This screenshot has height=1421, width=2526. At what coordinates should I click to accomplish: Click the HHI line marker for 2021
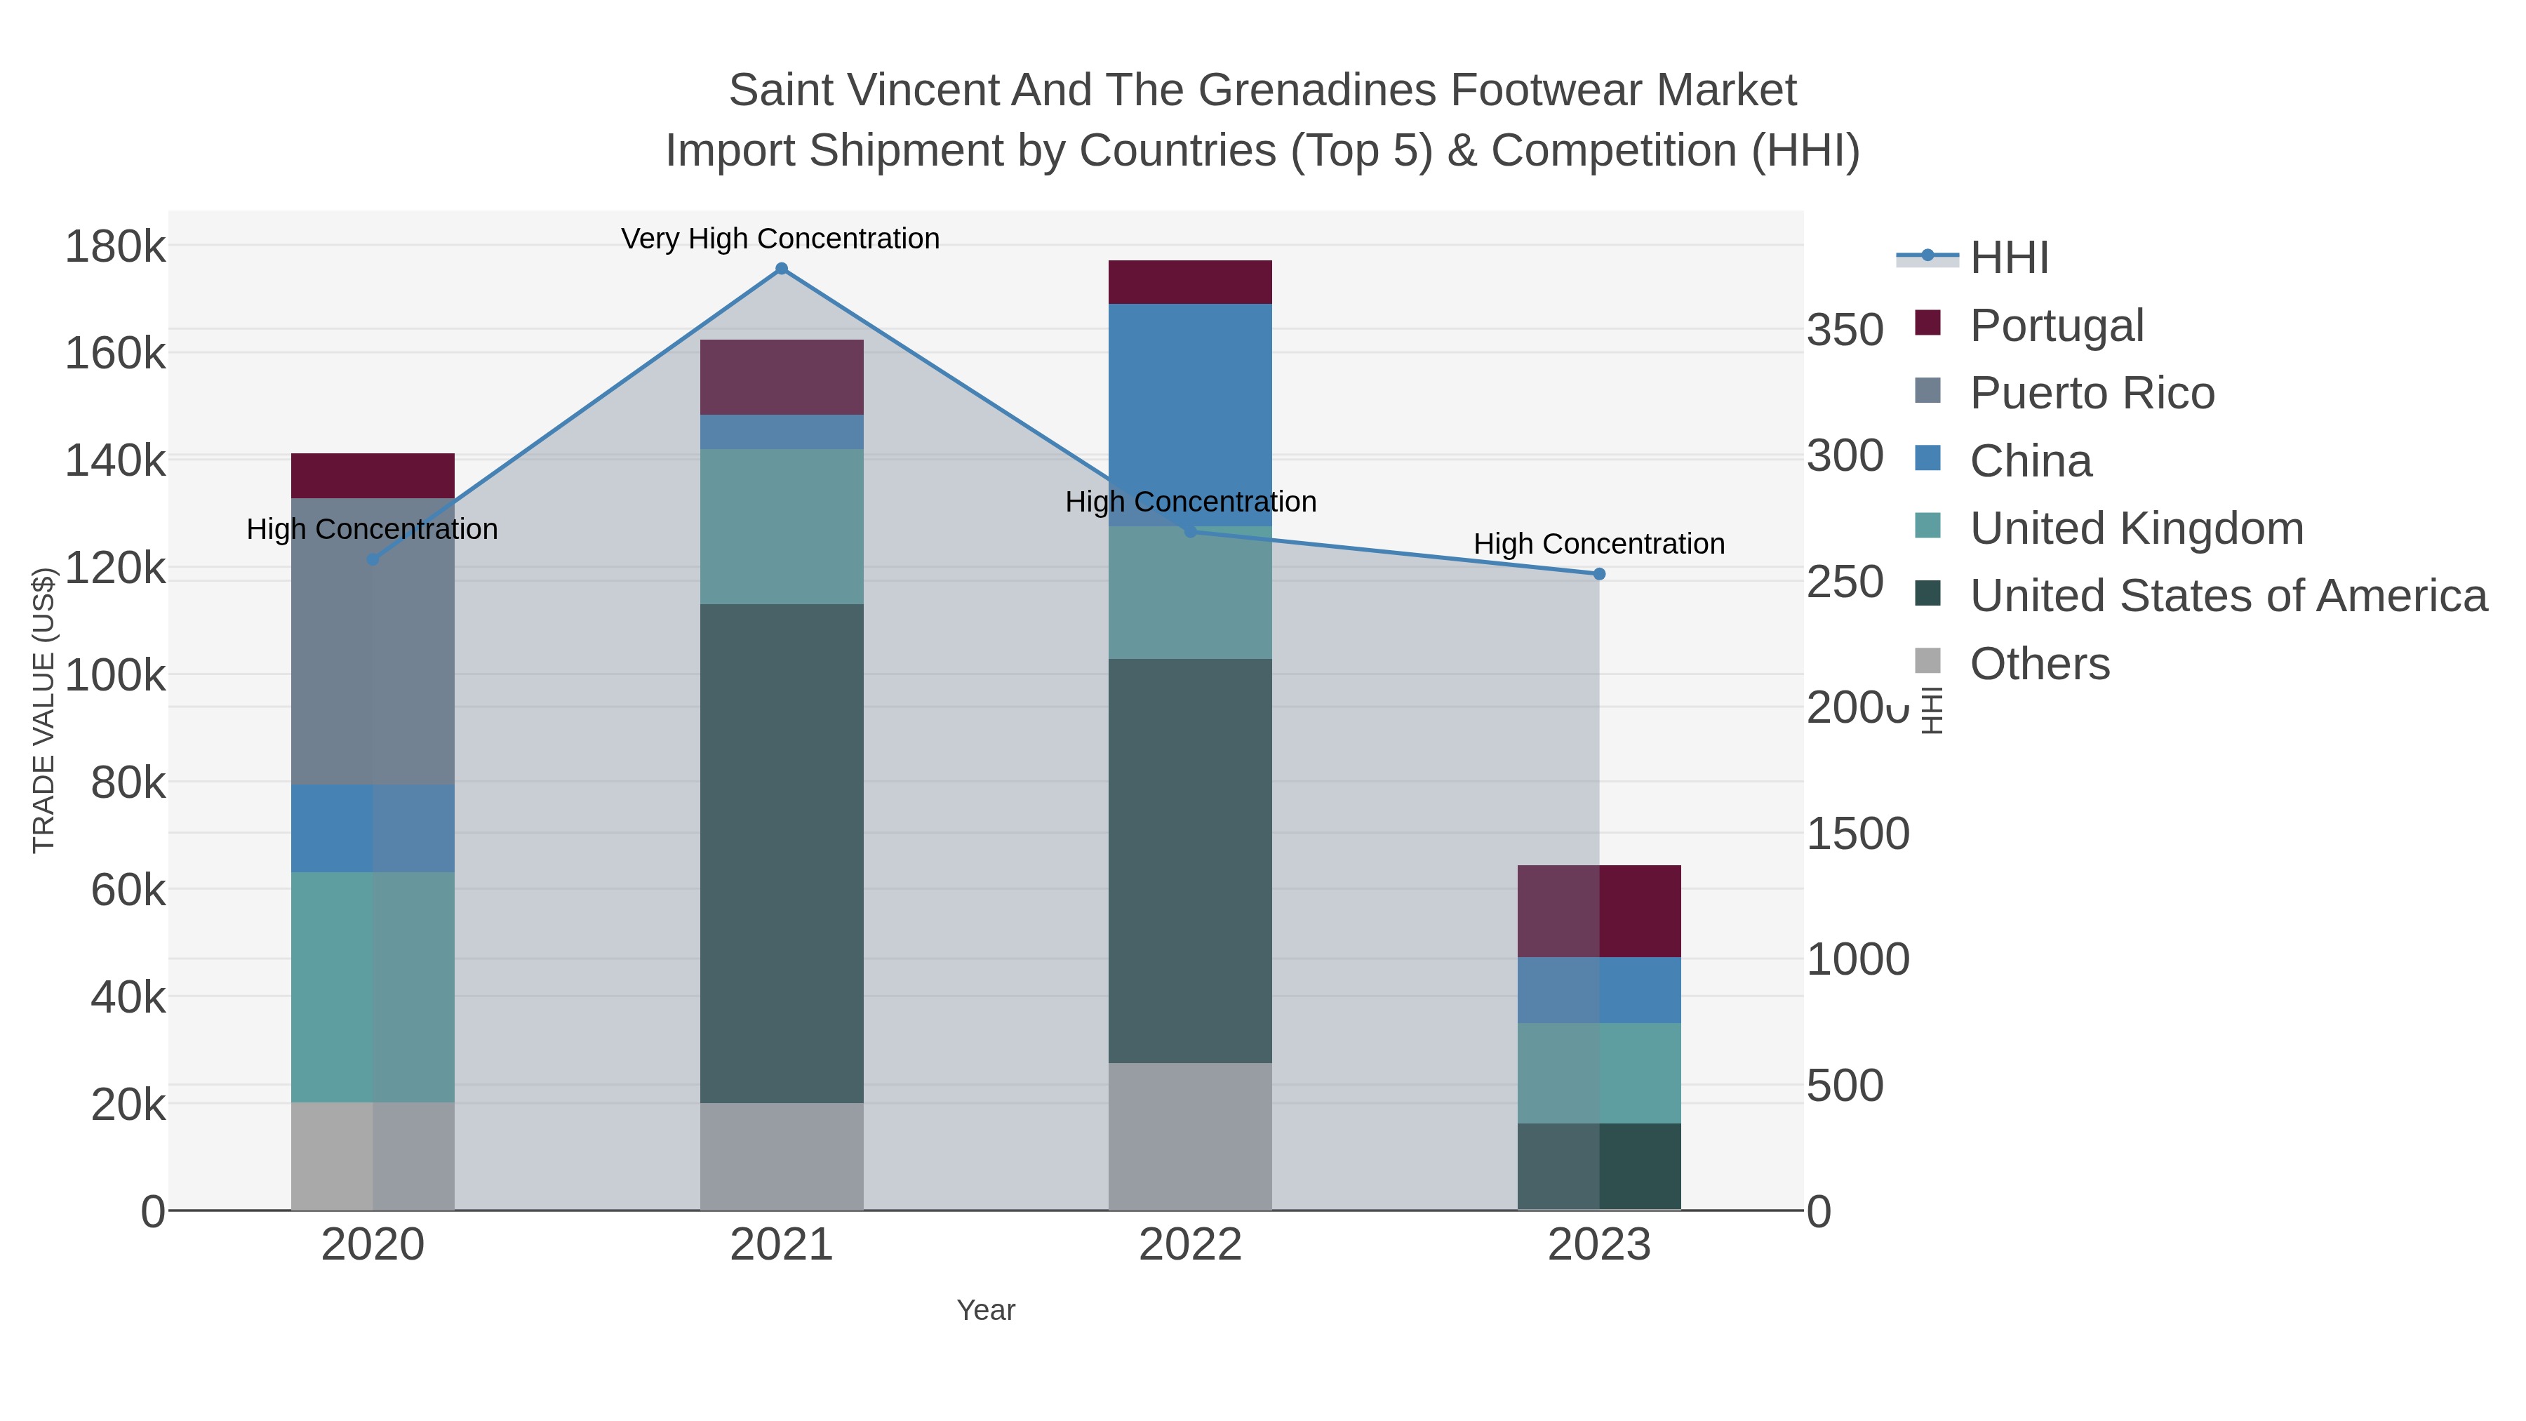coord(782,269)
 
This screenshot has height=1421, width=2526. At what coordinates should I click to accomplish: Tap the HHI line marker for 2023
coord(1599,574)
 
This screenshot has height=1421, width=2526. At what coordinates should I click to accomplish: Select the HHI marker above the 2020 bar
coord(373,559)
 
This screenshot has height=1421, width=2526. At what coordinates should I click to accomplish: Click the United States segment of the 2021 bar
coord(782,853)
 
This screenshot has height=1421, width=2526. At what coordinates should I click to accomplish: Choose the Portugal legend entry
coord(2057,325)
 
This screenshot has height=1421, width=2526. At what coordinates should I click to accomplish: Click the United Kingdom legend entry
coord(2136,528)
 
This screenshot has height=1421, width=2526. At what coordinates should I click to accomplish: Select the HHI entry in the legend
coord(2008,257)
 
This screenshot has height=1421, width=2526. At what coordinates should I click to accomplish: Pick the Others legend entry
coord(2040,663)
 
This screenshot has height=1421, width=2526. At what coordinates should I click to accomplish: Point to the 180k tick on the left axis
coord(115,246)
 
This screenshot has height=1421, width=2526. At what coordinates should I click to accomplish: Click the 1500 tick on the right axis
coord(1857,834)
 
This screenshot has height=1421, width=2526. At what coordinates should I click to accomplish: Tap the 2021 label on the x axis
coord(782,1244)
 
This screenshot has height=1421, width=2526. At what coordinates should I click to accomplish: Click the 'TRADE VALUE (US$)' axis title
coord(44,710)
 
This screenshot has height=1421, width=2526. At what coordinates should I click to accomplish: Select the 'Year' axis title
coord(986,1310)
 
